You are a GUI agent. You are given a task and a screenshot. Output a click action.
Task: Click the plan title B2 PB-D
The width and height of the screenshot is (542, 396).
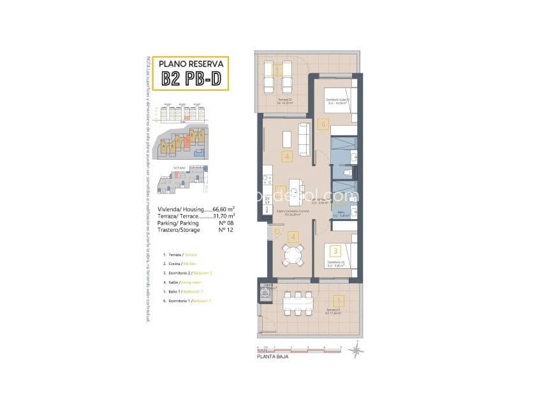click(x=193, y=79)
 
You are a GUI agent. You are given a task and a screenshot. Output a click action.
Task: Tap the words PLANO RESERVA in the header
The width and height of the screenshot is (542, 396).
click(x=193, y=64)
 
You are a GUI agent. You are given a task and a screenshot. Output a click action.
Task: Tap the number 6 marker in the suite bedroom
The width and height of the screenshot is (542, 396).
click(x=323, y=125)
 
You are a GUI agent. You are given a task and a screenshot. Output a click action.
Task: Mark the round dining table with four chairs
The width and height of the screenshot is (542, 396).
click(x=294, y=254)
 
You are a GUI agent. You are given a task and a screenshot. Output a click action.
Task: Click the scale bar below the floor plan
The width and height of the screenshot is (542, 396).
click(x=300, y=349)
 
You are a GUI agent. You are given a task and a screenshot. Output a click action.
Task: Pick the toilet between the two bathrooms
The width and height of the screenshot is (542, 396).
click(x=347, y=172)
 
